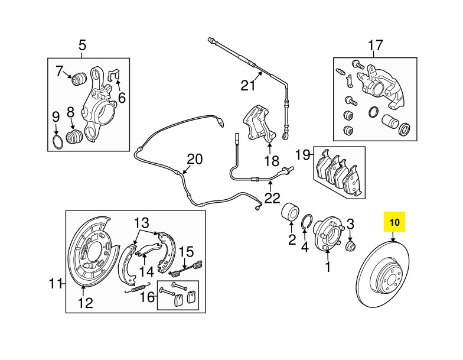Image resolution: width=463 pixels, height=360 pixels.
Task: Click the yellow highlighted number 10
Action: (394, 222)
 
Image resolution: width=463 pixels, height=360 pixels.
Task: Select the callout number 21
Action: (248, 85)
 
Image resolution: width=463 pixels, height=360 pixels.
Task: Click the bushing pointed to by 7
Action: (79, 78)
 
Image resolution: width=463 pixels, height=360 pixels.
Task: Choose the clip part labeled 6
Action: (114, 74)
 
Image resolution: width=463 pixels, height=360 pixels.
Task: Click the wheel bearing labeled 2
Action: (291, 212)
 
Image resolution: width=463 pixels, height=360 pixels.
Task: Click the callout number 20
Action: (195, 159)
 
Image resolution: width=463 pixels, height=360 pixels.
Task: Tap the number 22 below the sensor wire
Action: (272, 198)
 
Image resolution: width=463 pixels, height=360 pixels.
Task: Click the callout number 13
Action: (142, 222)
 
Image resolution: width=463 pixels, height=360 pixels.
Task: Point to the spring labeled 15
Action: (187, 268)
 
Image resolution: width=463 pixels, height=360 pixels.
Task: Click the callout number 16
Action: (147, 297)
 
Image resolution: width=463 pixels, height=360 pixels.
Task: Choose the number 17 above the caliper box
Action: (376, 46)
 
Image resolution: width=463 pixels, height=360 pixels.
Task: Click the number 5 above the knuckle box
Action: (83, 46)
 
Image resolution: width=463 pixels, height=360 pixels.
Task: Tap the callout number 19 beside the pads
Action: (303, 155)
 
